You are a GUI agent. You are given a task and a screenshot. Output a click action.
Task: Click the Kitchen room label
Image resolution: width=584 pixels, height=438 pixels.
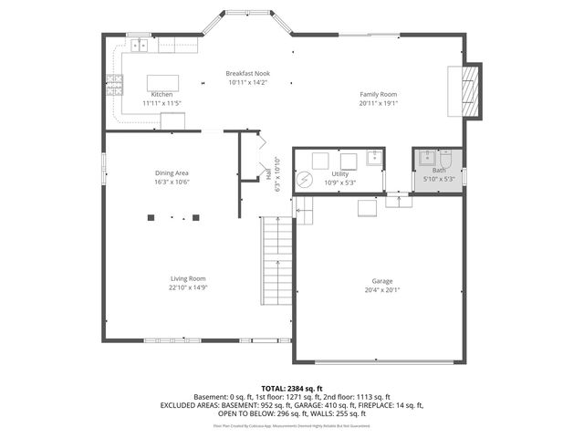(x=162, y=95)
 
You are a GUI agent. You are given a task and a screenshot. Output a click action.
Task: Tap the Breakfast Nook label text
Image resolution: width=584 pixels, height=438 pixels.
(x=248, y=74)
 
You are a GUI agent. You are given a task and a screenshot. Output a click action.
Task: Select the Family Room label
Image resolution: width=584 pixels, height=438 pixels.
(x=377, y=95)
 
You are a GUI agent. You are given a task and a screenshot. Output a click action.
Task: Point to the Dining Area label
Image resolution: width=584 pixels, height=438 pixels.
(x=172, y=172)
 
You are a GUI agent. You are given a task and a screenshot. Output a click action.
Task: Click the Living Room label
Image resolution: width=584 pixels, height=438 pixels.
(x=188, y=278)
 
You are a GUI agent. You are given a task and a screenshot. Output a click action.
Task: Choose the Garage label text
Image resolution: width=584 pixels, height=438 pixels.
(x=382, y=281)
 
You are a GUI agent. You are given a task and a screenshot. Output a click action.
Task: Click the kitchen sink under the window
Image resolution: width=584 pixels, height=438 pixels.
(x=140, y=44)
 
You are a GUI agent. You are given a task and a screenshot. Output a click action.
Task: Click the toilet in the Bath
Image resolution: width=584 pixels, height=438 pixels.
(x=446, y=158)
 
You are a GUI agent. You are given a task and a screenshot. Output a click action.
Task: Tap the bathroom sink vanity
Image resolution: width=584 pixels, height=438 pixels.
(x=425, y=158)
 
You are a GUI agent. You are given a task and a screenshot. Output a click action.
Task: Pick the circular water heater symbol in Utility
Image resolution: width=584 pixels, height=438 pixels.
(x=304, y=181)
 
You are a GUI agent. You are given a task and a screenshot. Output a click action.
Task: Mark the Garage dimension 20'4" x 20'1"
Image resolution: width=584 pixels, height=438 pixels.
(x=382, y=290)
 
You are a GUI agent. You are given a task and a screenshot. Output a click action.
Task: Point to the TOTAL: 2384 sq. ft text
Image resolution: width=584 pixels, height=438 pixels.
(x=292, y=388)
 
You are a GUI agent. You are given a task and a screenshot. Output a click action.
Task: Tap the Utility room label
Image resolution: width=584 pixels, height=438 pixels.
(x=339, y=173)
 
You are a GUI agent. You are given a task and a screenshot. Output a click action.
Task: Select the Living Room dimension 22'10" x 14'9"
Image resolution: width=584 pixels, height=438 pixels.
(x=188, y=287)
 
